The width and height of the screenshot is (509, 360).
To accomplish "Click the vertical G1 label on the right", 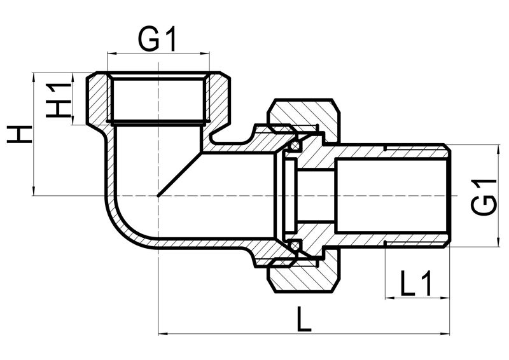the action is point(484,198).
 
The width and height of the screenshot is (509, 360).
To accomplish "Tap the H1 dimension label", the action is point(58,100).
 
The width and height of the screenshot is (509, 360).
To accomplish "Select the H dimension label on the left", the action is point(20,134).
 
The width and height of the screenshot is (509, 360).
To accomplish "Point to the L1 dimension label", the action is point(417,283).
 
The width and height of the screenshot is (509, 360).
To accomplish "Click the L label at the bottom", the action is point(305,319).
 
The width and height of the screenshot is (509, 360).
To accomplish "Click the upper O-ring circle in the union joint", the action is point(295,146).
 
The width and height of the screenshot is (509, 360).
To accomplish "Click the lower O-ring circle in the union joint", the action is point(295,246).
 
